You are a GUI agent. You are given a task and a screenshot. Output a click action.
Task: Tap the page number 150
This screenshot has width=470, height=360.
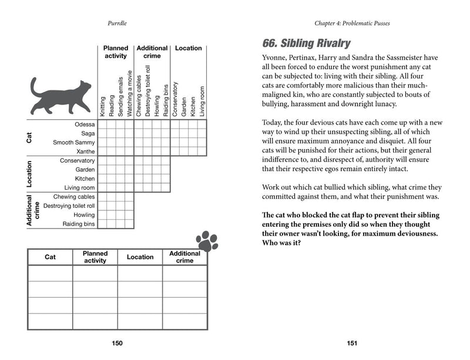coord(117,344)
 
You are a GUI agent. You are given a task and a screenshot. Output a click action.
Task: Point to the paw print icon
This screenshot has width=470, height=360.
coord(207,240)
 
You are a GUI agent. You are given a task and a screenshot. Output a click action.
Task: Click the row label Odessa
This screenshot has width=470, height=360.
coord(85,125)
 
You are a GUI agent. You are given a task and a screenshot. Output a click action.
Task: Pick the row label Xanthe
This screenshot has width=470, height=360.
coord(85,152)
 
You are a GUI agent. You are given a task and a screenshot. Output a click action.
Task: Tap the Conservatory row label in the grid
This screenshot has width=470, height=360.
coord(77,160)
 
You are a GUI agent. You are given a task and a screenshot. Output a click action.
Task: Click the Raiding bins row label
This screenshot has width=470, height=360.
coord(79,224)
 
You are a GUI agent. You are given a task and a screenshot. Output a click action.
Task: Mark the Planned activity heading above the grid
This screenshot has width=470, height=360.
coord(115,52)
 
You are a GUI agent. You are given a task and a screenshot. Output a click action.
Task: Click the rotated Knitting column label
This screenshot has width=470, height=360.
coord(103,106)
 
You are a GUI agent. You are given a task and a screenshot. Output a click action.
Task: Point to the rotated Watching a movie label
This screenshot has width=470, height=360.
coord(129,93)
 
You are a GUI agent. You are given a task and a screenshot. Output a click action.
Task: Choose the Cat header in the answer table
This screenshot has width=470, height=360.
coord(51,257)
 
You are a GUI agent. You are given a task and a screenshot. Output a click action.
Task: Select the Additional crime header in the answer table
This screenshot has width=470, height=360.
coord(184,257)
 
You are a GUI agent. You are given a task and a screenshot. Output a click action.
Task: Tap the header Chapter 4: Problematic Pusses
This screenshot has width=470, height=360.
coord(352,23)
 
